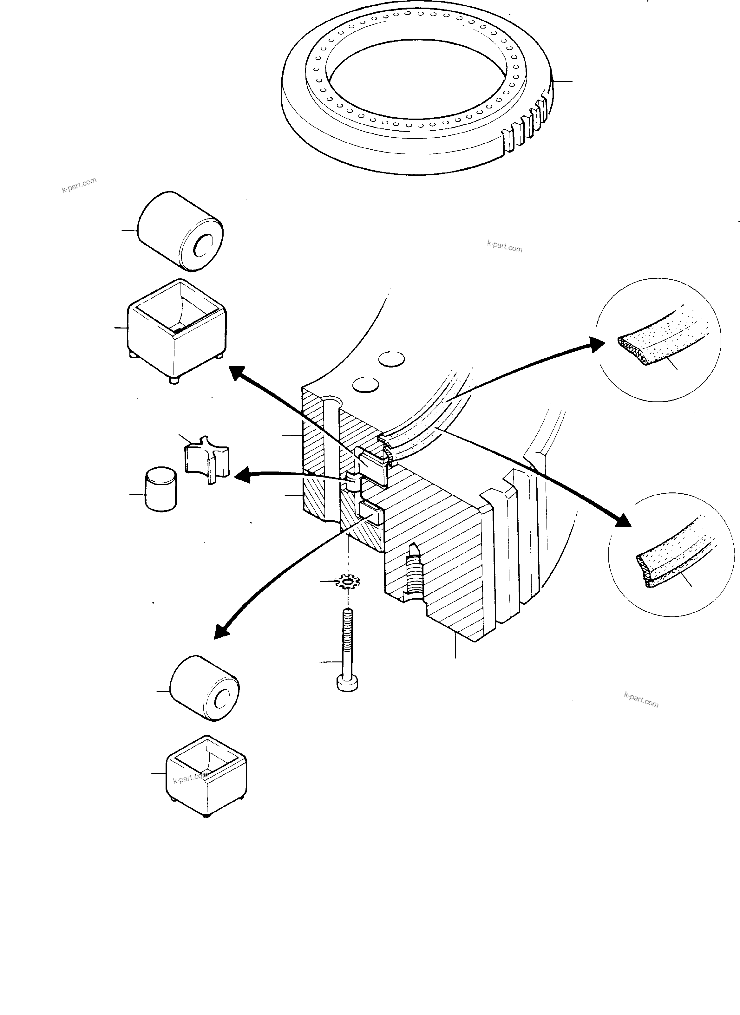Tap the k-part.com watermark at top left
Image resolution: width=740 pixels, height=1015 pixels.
(79, 185)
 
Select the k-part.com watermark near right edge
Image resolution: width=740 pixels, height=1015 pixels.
(640, 712)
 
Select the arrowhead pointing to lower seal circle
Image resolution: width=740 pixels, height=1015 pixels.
(624, 519)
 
